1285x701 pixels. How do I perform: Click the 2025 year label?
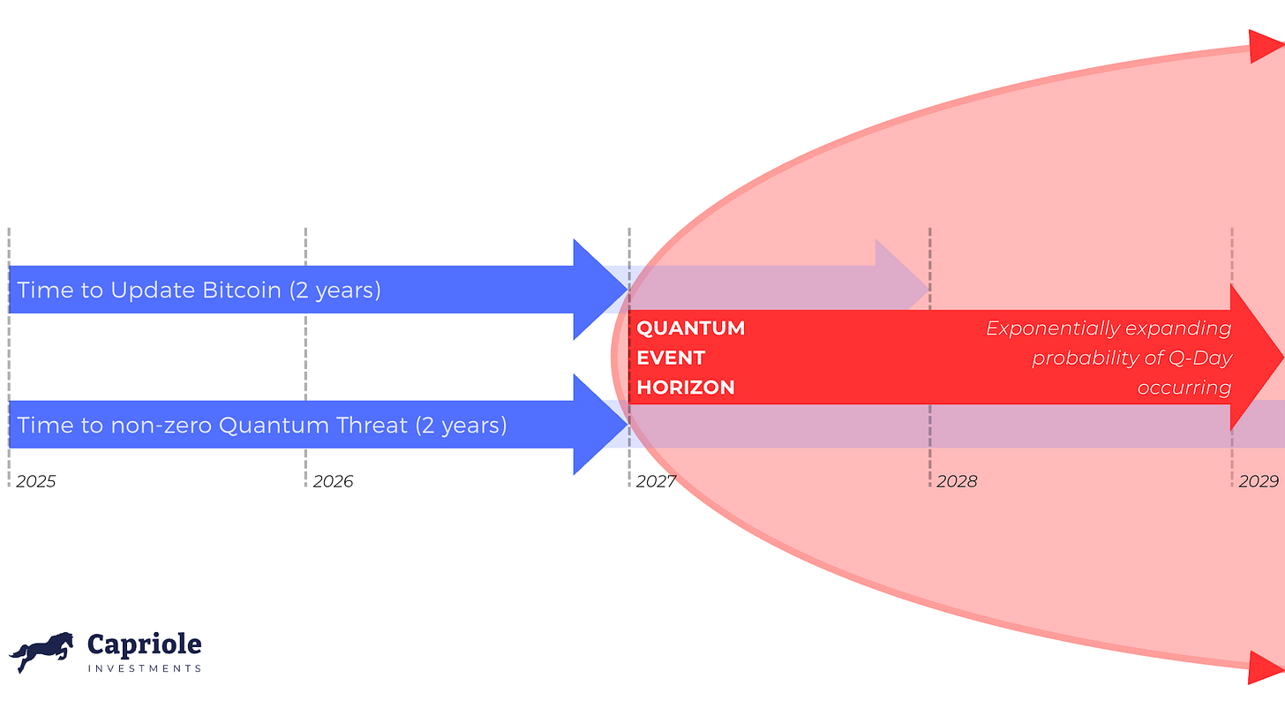(35, 481)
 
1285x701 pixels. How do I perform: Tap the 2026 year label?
(333, 481)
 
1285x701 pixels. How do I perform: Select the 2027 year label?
(656, 481)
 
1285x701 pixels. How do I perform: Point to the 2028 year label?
(957, 481)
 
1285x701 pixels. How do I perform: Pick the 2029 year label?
(1259, 481)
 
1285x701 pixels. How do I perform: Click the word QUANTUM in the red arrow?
(691, 328)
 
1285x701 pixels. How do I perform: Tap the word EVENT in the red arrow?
(671, 358)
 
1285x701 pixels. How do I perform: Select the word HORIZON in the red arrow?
(686, 388)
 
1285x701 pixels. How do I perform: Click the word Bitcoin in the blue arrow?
(242, 290)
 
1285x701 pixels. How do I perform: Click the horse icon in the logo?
(41, 652)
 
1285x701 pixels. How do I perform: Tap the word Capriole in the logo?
(144, 644)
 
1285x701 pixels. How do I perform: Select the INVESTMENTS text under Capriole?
(145, 668)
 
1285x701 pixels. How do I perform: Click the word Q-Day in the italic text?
(1200, 358)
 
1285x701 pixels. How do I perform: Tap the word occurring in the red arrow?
(1184, 388)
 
